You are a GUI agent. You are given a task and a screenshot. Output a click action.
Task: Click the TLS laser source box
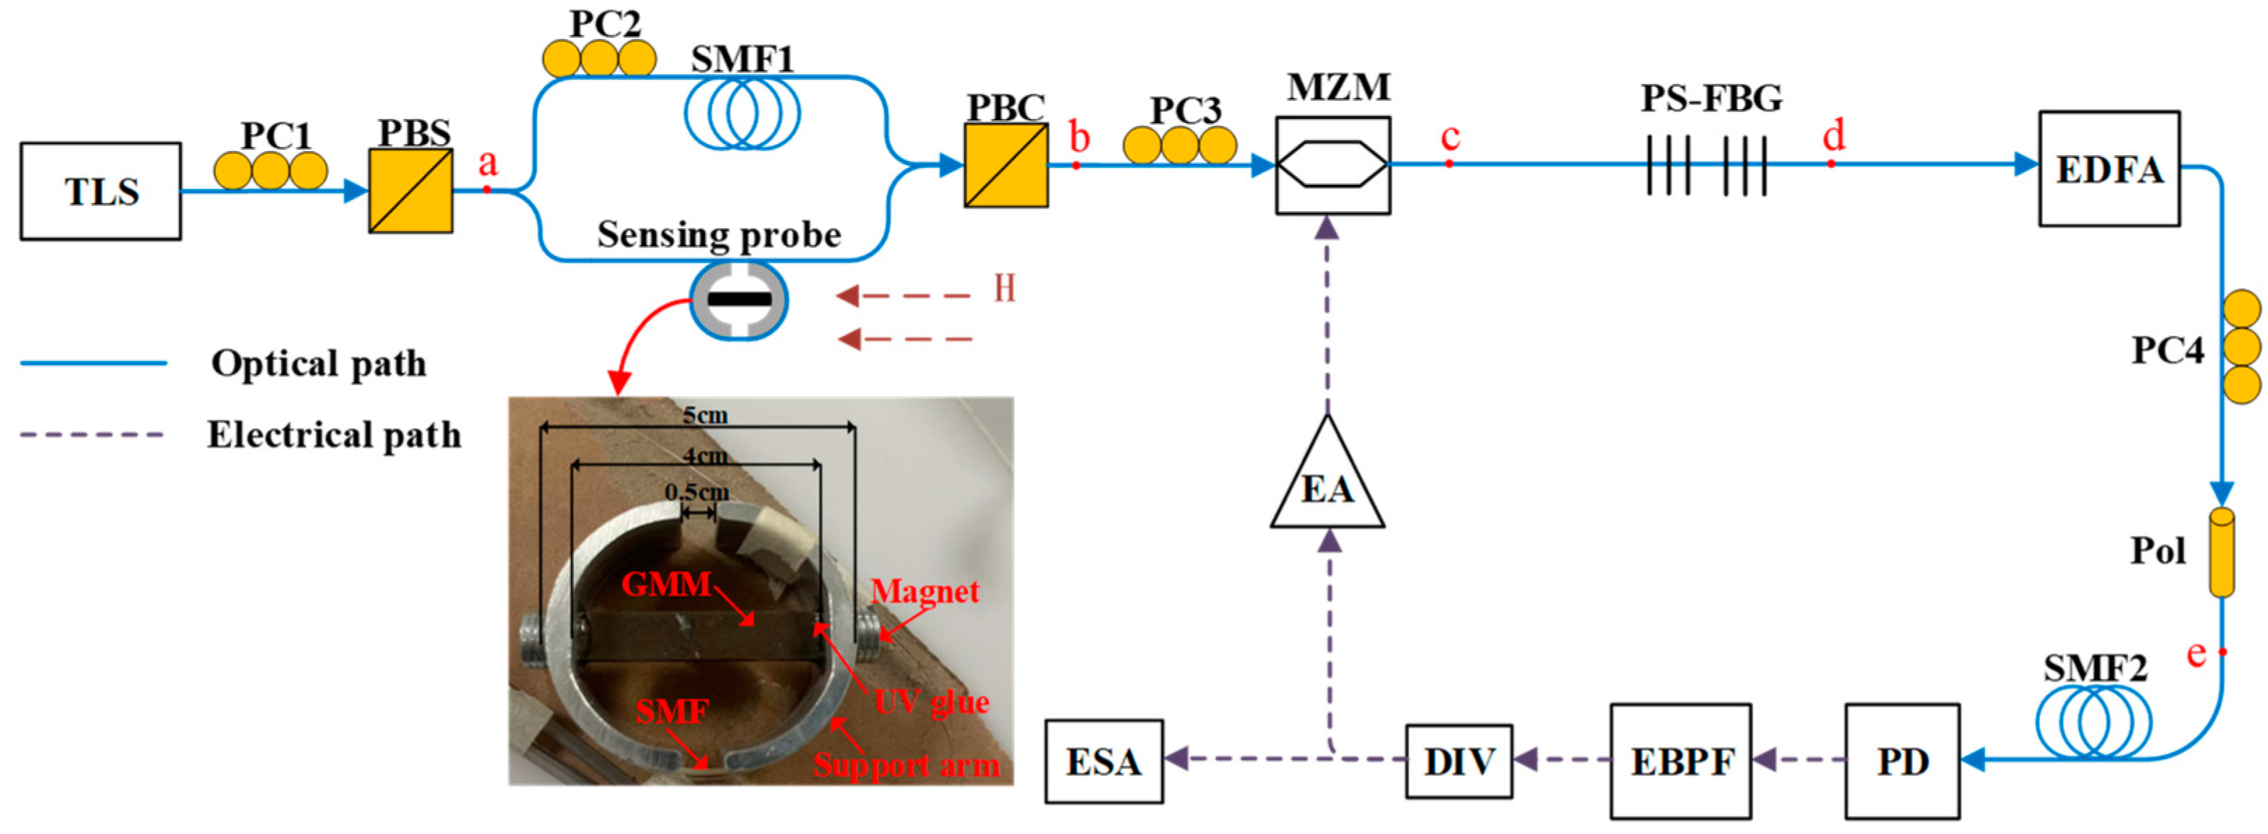tap(101, 191)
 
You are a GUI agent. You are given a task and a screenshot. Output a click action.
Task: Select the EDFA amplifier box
tap(2109, 168)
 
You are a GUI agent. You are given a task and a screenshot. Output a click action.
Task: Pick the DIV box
tap(1458, 761)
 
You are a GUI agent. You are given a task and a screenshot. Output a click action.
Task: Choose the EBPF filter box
tap(1680, 761)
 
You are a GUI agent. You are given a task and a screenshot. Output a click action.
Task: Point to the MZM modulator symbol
tap(1333, 164)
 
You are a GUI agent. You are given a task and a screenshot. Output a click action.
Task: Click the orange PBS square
tap(411, 190)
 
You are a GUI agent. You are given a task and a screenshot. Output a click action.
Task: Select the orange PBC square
tap(1006, 164)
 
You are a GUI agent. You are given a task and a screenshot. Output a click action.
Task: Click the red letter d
tap(1834, 135)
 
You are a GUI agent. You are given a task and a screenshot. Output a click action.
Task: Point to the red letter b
tap(1078, 139)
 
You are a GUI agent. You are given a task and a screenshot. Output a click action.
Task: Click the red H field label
tap(1004, 288)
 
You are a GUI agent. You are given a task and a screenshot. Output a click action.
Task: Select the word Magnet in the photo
tap(925, 591)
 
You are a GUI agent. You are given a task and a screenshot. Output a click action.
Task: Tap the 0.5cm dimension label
tap(697, 491)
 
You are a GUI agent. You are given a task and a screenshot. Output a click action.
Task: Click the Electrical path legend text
tap(334, 434)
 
